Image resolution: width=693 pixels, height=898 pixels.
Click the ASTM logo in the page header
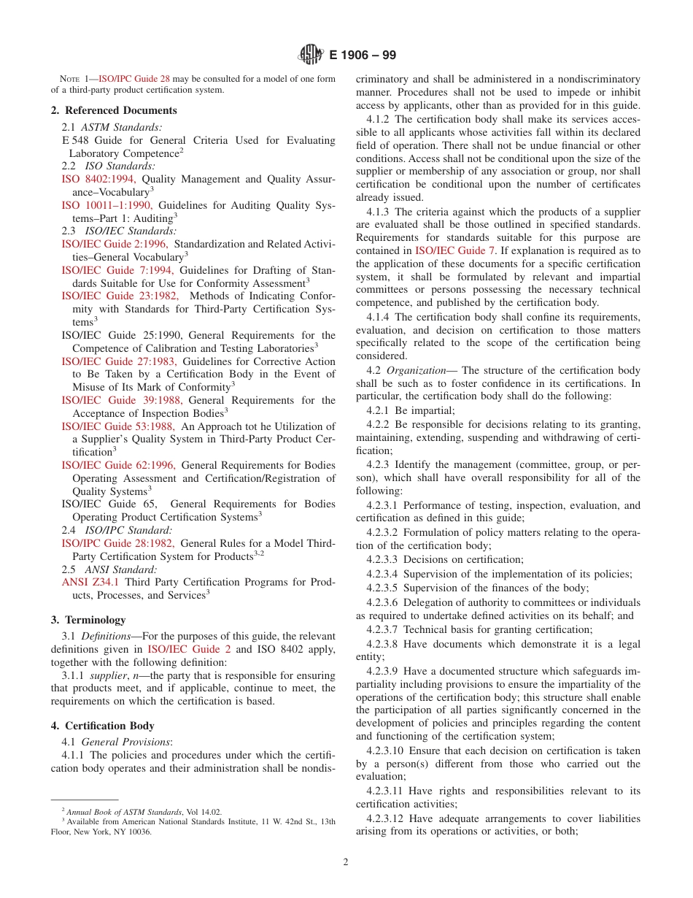tap(311, 55)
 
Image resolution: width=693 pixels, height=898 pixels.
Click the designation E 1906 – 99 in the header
tap(363, 55)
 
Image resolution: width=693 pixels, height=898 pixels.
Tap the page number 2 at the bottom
tap(346, 861)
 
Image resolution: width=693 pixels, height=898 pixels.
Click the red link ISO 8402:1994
tap(98, 179)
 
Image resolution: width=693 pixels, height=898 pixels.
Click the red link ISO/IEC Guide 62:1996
tap(118, 465)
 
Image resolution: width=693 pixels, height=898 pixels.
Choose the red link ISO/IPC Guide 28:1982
tap(117, 543)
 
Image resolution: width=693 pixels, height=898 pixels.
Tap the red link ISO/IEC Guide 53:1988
tap(117, 426)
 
